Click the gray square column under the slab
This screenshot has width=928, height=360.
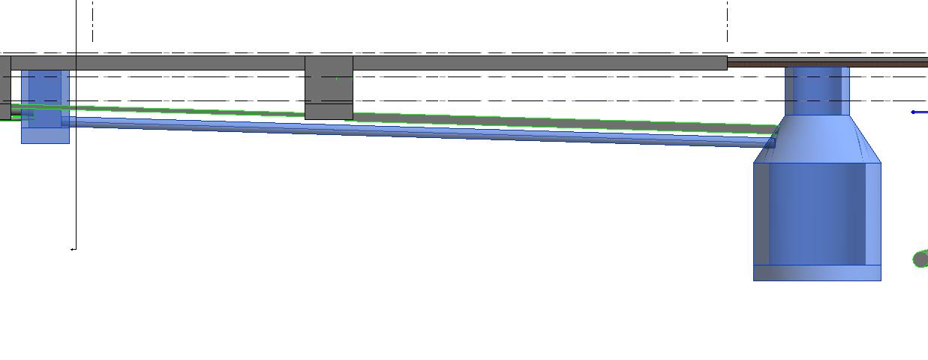[329, 88]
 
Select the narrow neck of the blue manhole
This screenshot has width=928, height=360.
[817, 90]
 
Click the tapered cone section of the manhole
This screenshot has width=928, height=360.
[817, 138]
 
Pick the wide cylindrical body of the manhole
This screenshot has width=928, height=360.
[817, 214]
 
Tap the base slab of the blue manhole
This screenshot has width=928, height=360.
[817, 273]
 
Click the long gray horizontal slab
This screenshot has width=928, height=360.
[525, 62]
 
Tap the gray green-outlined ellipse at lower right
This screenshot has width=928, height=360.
[920, 259]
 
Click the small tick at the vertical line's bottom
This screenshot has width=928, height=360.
[73, 248]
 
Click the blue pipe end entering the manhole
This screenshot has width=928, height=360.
[769, 142]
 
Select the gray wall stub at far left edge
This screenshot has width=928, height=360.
[5, 86]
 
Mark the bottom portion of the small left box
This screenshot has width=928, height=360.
[45, 135]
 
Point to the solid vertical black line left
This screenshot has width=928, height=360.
[76, 187]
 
